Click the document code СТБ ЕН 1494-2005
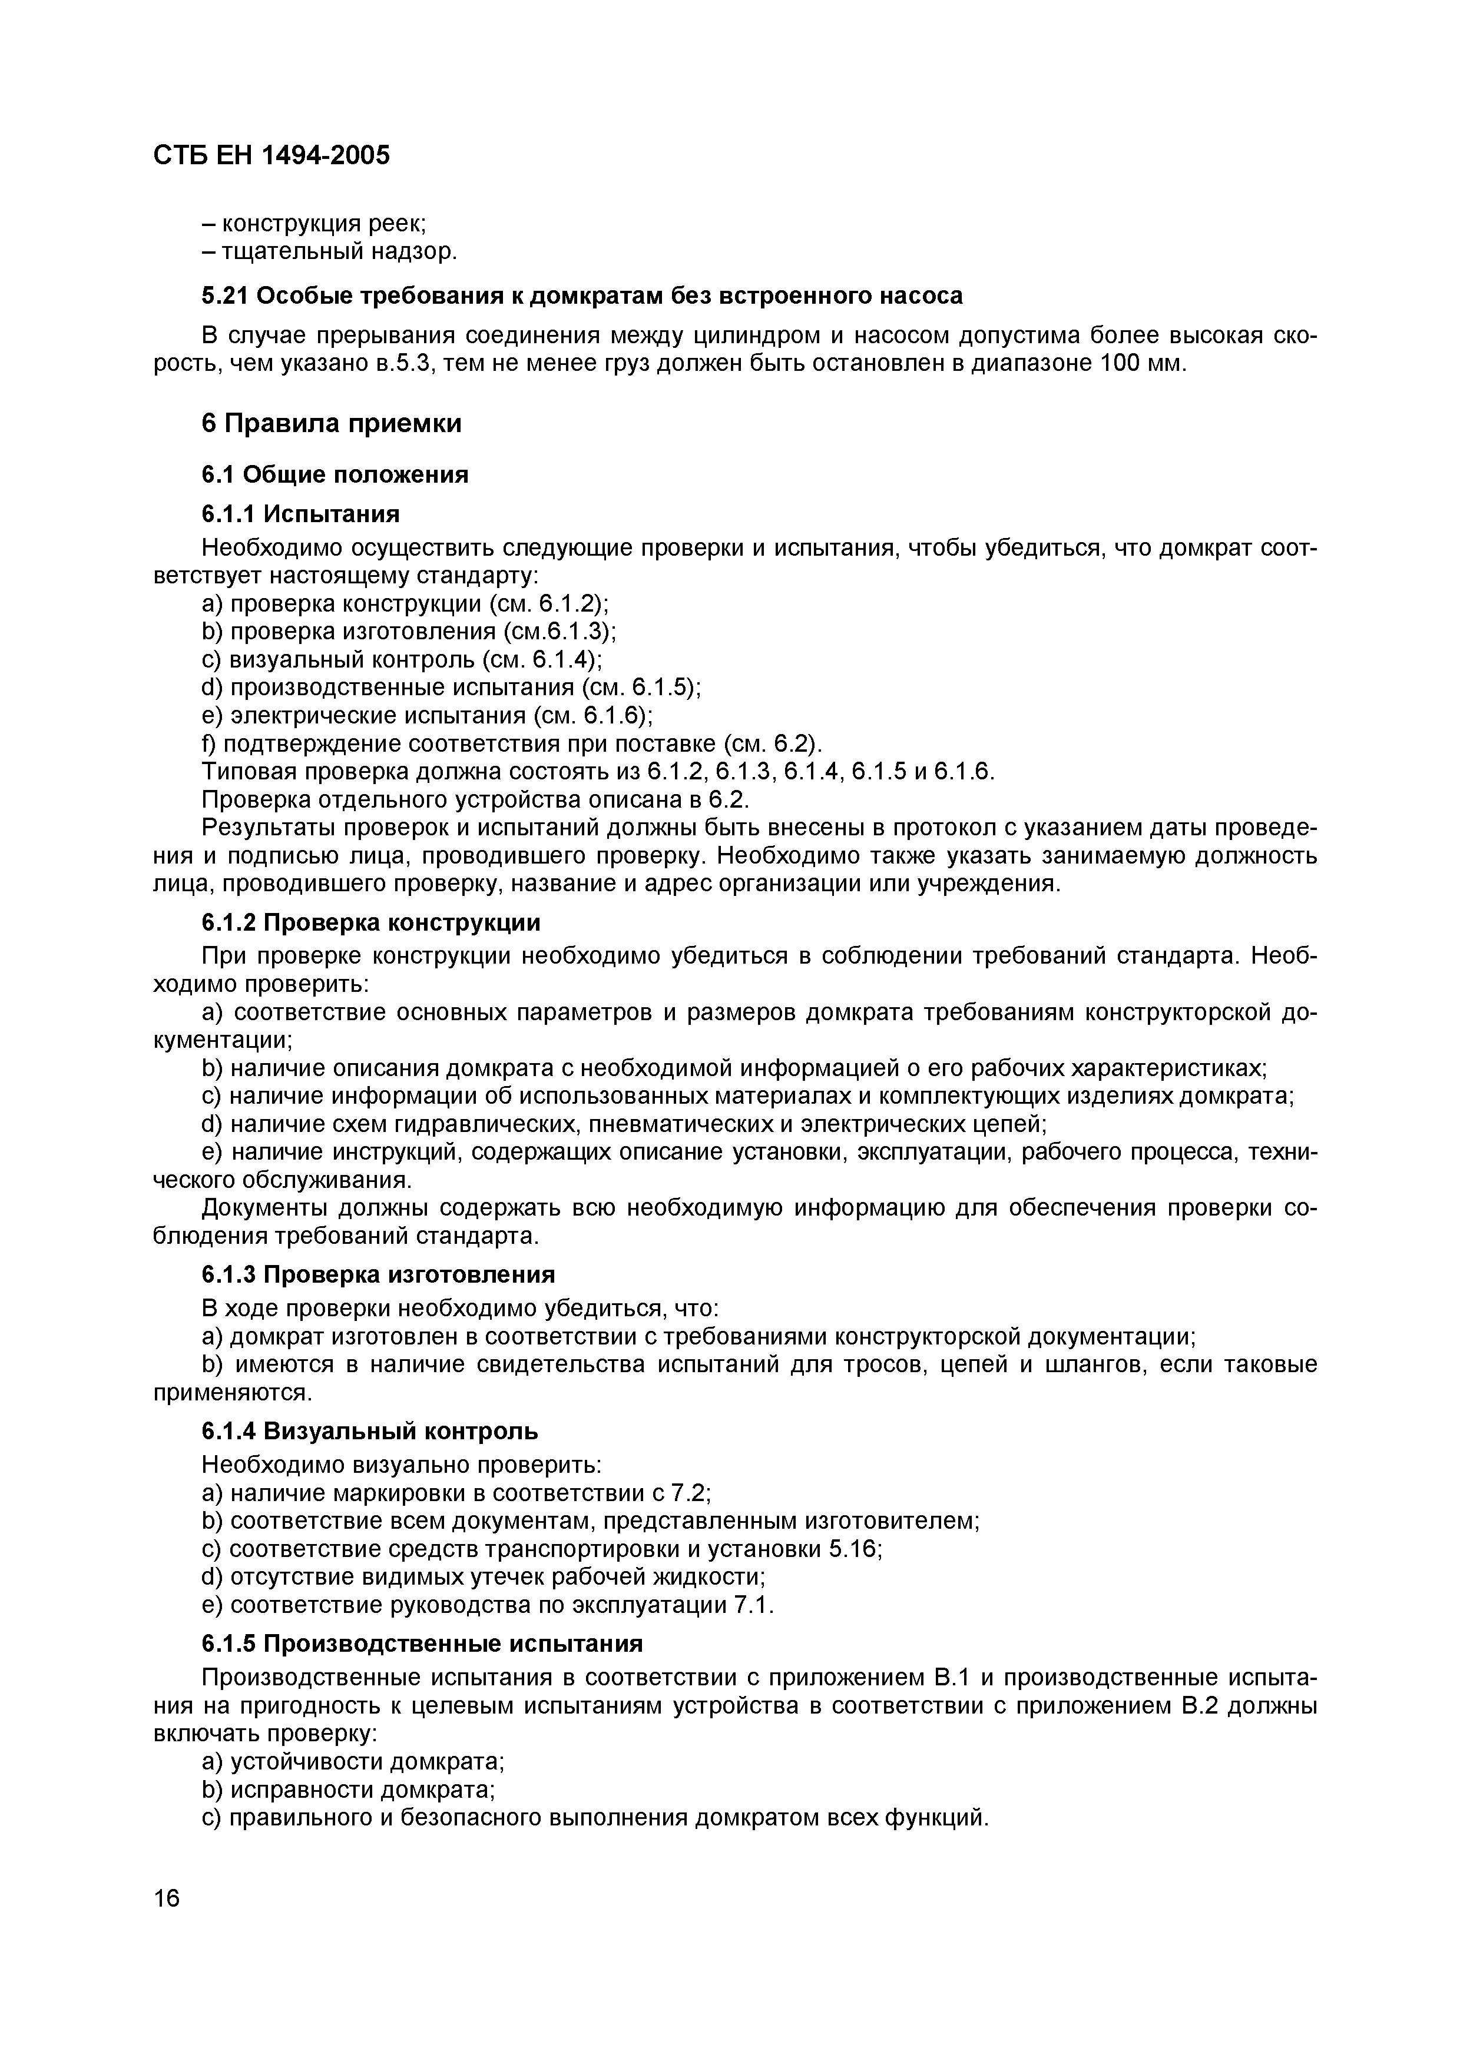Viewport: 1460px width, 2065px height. point(272,155)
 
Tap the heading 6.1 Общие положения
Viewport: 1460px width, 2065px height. point(335,474)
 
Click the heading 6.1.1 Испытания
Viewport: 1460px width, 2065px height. point(300,513)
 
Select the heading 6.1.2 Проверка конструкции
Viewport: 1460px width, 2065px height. point(370,923)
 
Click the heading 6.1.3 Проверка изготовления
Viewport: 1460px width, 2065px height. point(378,1274)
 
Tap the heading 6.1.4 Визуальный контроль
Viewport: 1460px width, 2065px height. point(370,1430)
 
